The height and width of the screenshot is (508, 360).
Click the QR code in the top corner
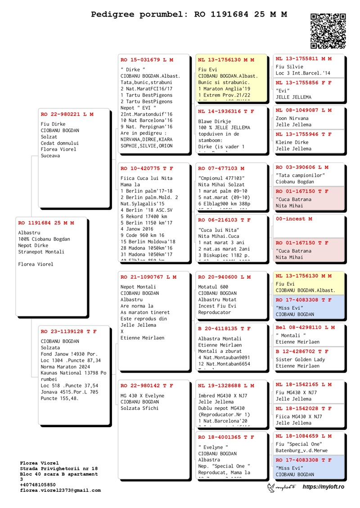328,31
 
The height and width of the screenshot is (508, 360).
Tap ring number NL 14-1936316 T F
226,111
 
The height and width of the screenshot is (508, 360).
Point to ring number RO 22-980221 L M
67,114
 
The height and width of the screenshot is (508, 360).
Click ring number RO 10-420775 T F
147,169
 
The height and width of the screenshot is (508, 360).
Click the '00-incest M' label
294,219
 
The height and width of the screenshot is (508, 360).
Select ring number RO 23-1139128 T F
68,331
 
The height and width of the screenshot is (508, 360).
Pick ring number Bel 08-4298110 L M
305,327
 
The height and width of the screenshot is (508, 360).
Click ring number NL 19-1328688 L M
226,386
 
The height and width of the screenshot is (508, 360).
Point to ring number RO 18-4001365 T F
226,437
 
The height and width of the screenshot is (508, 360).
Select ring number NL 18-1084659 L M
304,436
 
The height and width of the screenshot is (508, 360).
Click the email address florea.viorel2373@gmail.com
60,491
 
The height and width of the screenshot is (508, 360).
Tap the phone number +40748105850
38,485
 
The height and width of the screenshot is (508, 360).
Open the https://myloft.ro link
323,487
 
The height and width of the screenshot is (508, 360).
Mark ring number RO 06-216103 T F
224,220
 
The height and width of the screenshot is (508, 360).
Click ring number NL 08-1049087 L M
304,110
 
